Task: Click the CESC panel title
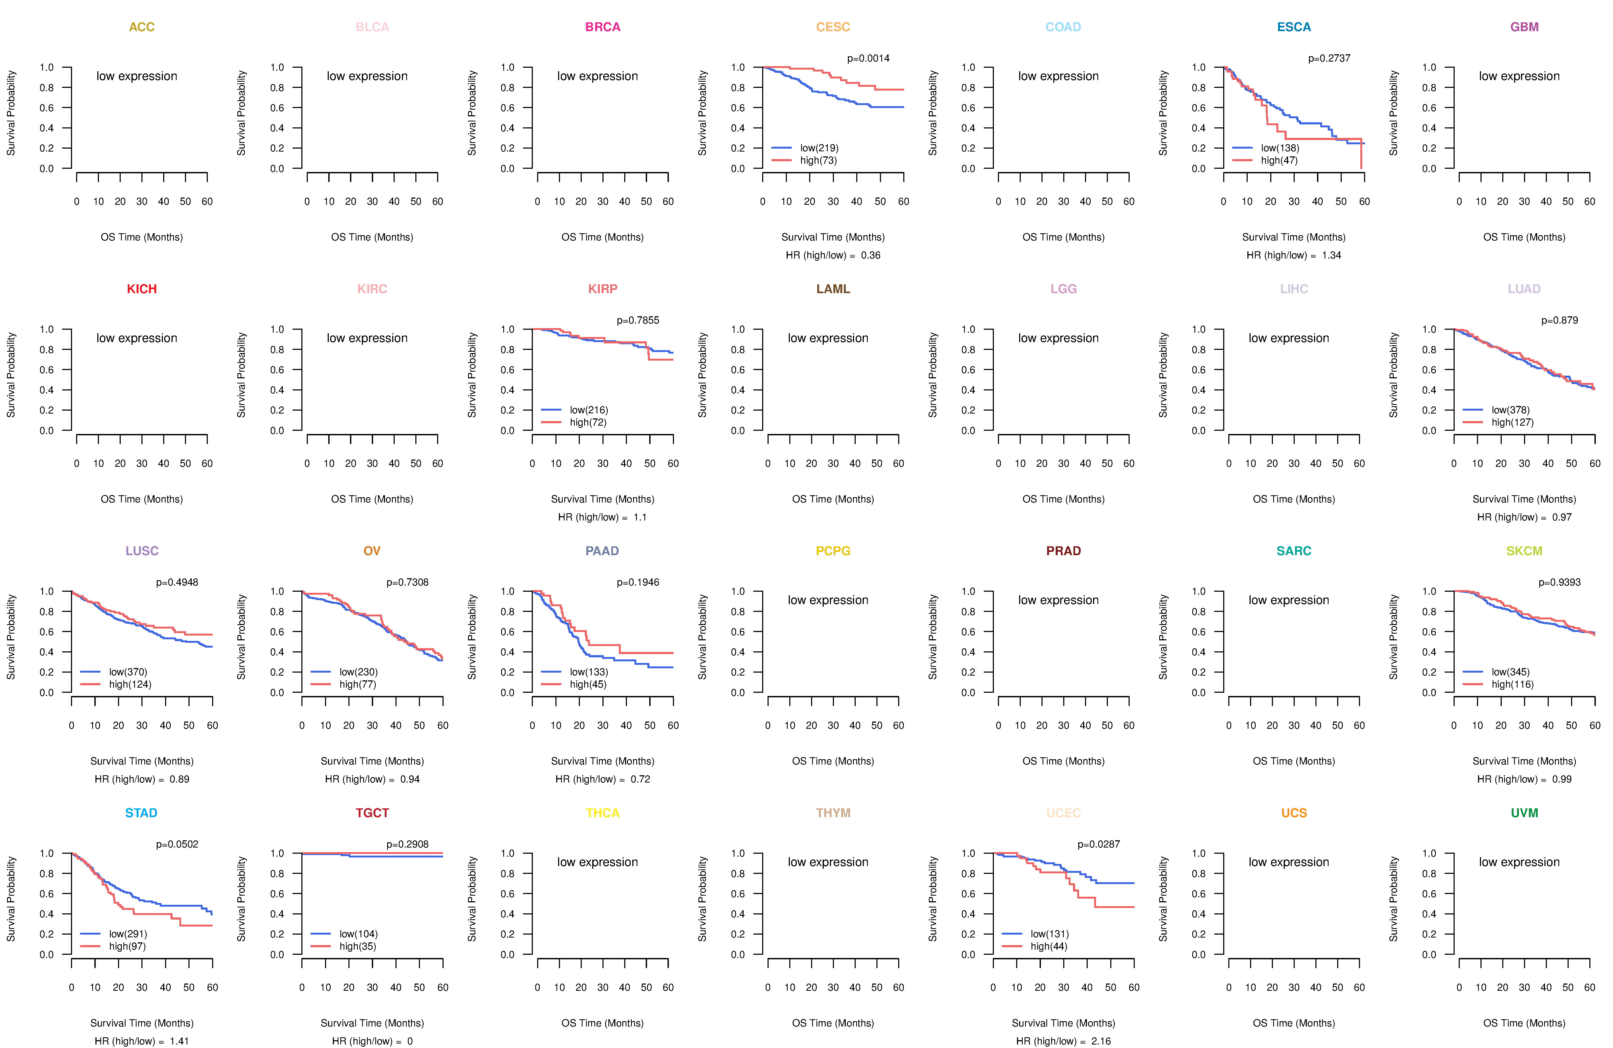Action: pos(833,27)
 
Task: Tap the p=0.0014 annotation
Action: pos(868,58)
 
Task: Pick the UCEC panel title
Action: pos(1063,813)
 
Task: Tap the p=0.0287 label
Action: pos(1099,844)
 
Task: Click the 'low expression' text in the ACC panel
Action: pos(137,76)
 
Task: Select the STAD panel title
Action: pos(142,813)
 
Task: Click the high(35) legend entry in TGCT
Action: pos(358,946)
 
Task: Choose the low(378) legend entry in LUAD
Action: pos(1511,410)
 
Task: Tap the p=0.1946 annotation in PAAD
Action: pos(638,582)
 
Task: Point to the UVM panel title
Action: pos(1524,813)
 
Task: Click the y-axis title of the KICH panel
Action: pos(11,375)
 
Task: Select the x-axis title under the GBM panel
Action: pos(1524,237)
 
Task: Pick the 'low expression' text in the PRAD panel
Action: pos(1059,600)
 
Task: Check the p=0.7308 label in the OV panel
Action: pos(407,582)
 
